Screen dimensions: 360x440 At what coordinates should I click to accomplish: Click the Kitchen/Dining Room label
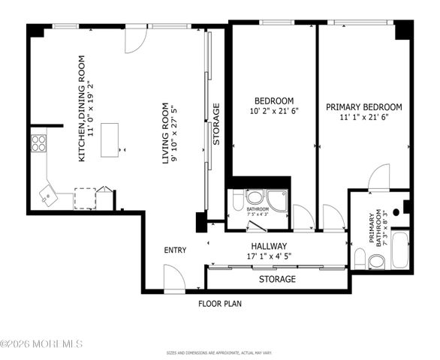pyautogui.click(x=83, y=108)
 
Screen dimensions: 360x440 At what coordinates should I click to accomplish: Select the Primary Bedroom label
pyautogui.click(x=363, y=107)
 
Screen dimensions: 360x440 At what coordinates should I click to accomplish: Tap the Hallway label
pyautogui.click(x=268, y=246)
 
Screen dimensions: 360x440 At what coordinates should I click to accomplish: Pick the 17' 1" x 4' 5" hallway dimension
pyautogui.click(x=268, y=256)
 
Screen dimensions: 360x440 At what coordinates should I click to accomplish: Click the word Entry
pyautogui.click(x=175, y=250)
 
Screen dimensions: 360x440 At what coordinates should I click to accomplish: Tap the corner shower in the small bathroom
pyautogui.click(x=278, y=199)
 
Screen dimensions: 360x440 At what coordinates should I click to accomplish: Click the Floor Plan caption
pyautogui.click(x=219, y=304)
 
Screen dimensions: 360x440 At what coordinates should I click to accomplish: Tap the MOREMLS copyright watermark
pyautogui.click(x=42, y=344)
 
